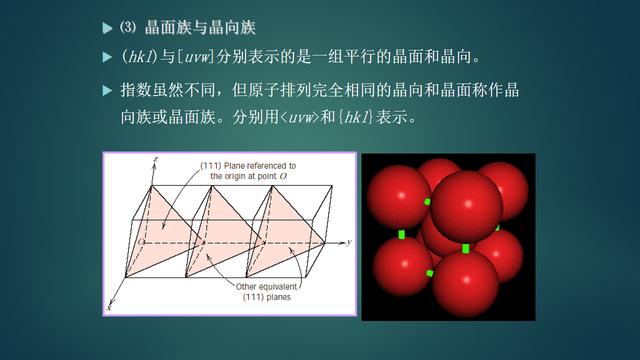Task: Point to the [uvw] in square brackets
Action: (x=199, y=54)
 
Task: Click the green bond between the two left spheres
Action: (x=401, y=235)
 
